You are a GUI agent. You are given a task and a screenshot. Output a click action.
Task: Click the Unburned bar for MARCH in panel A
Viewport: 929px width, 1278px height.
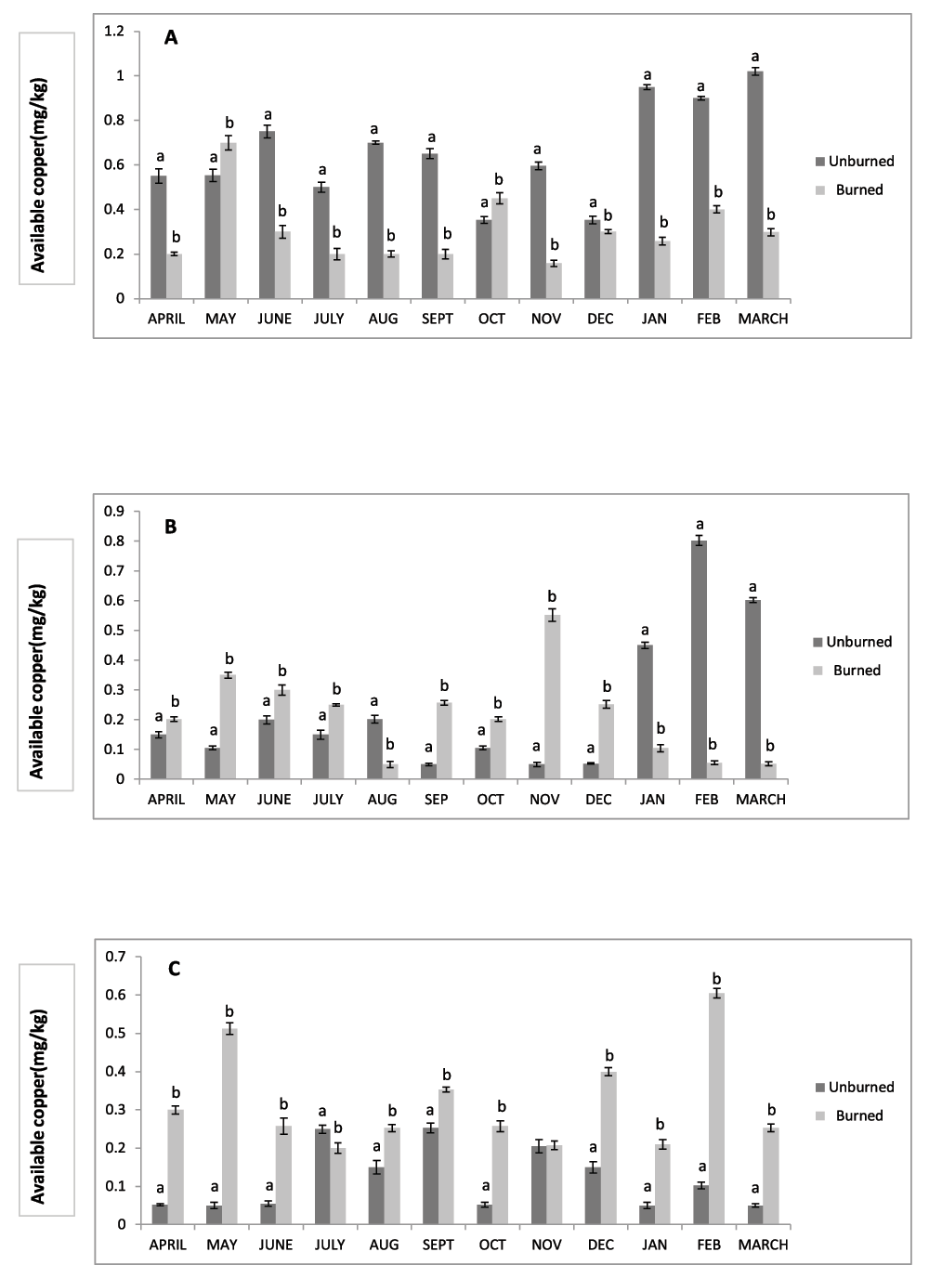[x=755, y=185]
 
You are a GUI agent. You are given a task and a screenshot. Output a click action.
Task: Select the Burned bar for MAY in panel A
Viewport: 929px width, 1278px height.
[x=229, y=221]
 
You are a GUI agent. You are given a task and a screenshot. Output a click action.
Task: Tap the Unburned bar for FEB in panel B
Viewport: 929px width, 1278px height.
[x=699, y=659]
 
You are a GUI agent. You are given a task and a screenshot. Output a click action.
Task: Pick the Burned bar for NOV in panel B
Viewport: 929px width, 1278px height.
[x=553, y=697]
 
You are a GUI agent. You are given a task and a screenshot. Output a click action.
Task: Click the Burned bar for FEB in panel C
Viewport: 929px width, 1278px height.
[x=716, y=1109]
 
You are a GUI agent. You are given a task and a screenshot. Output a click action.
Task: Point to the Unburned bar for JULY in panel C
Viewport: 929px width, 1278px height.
[x=322, y=1177]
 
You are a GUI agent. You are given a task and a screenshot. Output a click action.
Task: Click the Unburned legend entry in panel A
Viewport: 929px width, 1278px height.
[x=855, y=162]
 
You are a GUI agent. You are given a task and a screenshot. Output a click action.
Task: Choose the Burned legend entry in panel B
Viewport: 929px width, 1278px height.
[x=848, y=671]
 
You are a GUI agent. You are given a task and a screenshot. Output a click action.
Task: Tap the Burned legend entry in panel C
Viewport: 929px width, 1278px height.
[x=850, y=1115]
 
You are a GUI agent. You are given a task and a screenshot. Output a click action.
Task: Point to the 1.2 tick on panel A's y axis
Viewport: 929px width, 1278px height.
[x=114, y=31]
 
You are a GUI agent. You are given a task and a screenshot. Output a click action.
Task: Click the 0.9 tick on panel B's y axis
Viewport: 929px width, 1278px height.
[x=114, y=511]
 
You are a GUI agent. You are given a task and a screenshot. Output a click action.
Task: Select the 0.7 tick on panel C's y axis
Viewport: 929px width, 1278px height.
[x=114, y=957]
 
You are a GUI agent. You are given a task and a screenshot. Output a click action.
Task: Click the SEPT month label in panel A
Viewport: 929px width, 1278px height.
[x=438, y=319]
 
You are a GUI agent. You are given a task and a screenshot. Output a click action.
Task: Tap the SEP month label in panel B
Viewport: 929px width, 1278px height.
[x=436, y=800]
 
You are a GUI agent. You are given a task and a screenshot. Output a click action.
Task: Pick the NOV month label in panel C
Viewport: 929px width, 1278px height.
[x=546, y=1245]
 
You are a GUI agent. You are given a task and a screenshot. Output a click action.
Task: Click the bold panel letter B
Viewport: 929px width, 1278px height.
[x=170, y=527]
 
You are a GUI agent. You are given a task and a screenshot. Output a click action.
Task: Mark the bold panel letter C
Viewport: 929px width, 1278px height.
[x=174, y=969]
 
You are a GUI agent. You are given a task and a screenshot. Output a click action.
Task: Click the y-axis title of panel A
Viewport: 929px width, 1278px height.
[x=38, y=176]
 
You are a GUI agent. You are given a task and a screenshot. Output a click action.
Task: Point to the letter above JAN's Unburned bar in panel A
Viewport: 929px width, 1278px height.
[x=648, y=74]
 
